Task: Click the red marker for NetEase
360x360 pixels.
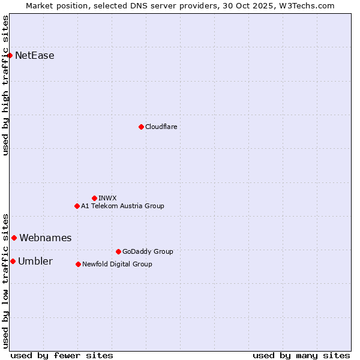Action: (10, 56)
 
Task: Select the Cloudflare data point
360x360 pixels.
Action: (141, 127)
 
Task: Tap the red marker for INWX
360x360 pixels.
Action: (94, 198)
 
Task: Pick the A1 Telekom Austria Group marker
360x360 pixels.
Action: (77, 206)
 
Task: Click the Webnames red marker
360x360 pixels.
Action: (14, 238)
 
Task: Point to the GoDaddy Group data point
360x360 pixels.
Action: (118, 251)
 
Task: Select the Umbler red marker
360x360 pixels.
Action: (13, 261)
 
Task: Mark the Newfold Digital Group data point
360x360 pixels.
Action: (78, 264)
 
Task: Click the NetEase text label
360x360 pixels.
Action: (35, 56)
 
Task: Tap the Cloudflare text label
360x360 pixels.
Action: (161, 127)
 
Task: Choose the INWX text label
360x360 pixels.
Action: (107, 198)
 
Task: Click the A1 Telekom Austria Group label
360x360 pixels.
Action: (122, 206)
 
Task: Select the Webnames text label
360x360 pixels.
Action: (45, 238)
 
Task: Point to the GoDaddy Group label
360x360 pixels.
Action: (148, 251)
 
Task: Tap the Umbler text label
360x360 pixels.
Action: (35, 261)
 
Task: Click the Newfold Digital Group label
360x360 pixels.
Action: (117, 264)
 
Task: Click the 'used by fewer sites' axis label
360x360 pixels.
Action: (62, 355)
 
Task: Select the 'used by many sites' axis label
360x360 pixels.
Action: (301, 355)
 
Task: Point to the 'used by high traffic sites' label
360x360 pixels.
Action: (6, 85)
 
